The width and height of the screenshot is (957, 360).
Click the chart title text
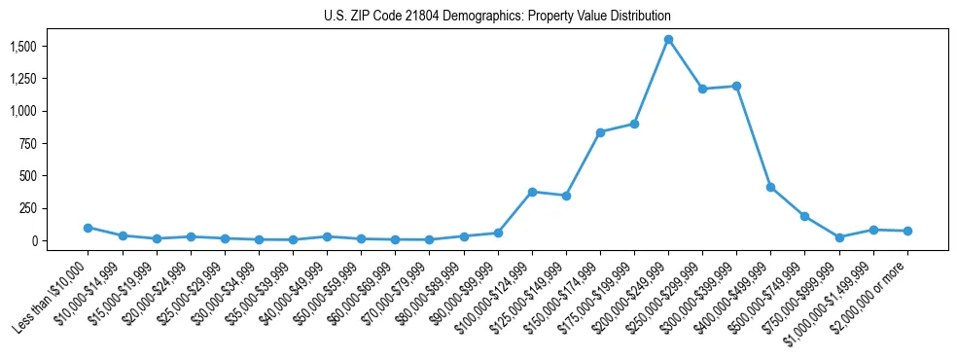coord(497,17)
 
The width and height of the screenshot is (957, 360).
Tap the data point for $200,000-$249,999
coord(668,40)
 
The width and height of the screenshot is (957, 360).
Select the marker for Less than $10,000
coord(88,228)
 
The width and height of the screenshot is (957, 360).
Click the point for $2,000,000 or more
coord(907,231)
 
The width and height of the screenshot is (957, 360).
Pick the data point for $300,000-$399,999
coord(736,86)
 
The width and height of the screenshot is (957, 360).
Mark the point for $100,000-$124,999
coord(532,192)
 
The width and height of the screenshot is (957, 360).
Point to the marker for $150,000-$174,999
coord(600,132)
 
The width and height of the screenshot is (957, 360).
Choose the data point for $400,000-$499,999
coord(770,187)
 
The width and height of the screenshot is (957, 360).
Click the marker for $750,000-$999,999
coord(839,237)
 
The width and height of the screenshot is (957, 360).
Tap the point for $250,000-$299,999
coord(702,89)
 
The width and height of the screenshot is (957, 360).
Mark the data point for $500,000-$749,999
coord(804,216)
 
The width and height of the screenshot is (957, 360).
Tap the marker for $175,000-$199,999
coord(634,124)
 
